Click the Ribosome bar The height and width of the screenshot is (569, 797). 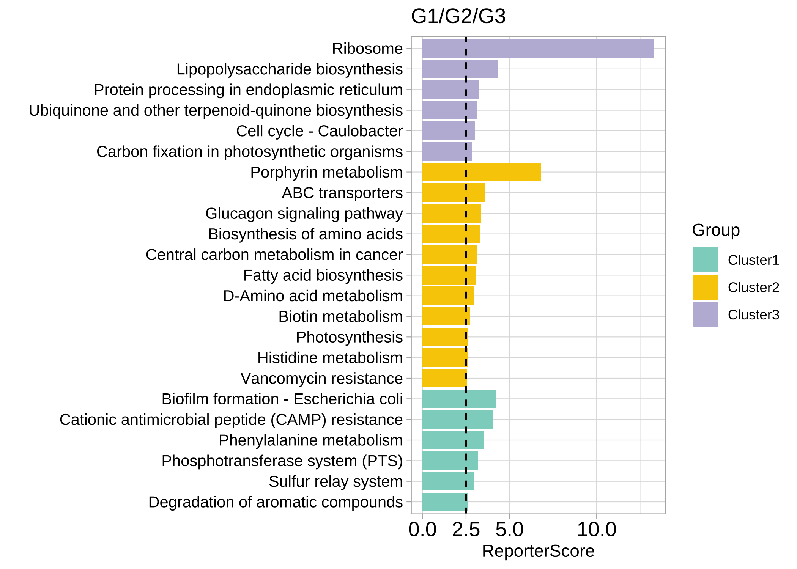pyautogui.click(x=538, y=49)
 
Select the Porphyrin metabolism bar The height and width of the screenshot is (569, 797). pyautogui.click(x=481, y=172)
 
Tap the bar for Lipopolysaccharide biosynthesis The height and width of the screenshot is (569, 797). pyautogui.click(x=460, y=69)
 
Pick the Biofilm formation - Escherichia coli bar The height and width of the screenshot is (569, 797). pyautogui.click(x=459, y=399)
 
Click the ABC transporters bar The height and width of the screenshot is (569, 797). pyautogui.click(x=454, y=193)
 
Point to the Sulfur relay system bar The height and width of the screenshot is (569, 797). pyautogui.click(x=448, y=481)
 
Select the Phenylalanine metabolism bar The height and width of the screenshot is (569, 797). pyautogui.click(x=453, y=440)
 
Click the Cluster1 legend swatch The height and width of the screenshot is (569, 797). pyautogui.click(x=705, y=260)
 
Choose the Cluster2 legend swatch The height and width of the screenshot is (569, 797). pyautogui.click(x=705, y=287)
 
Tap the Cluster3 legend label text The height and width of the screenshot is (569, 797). pyautogui.click(x=753, y=315)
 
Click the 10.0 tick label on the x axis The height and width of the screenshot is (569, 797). pyautogui.click(x=597, y=530)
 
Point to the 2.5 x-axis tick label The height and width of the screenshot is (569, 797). pyautogui.click(x=466, y=530)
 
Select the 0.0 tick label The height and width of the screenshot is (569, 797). pyautogui.click(x=422, y=530)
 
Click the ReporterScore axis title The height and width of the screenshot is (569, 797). pyautogui.click(x=538, y=551)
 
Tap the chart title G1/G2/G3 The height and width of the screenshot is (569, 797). pyautogui.click(x=458, y=16)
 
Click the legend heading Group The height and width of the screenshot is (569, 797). pyautogui.click(x=716, y=230)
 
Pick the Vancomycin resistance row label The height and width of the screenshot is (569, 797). pyautogui.click(x=321, y=379)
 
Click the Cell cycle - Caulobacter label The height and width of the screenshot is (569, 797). pyautogui.click(x=319, y=131)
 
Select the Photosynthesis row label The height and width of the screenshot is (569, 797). pyautogui.click(x=349, y=337)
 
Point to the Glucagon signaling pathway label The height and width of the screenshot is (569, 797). pyautogui.click(x=304, y=214)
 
